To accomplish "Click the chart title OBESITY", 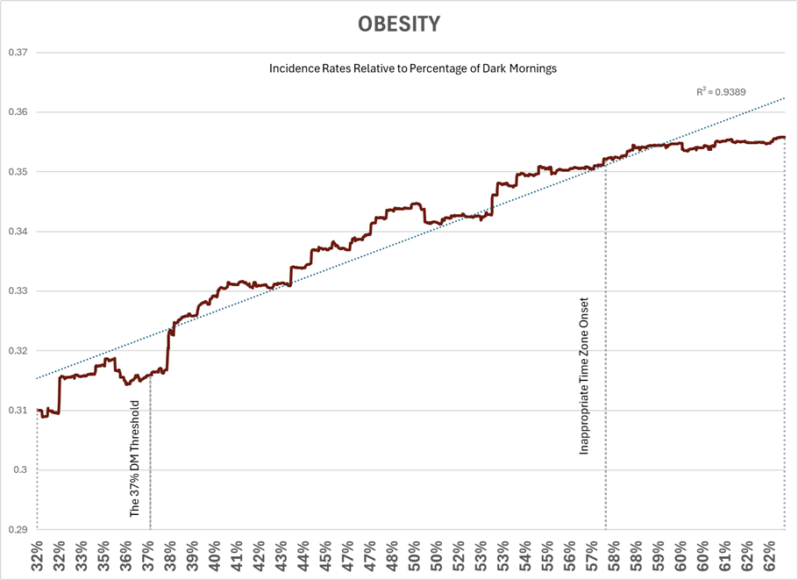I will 398,24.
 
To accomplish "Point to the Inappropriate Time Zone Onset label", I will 584,376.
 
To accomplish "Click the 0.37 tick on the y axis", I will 18,53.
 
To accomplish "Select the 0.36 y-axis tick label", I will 18,112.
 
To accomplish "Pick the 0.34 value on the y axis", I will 18,232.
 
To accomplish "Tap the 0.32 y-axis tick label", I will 18,351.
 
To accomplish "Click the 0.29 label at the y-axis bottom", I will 18,530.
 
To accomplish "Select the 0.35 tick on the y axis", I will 18,172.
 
